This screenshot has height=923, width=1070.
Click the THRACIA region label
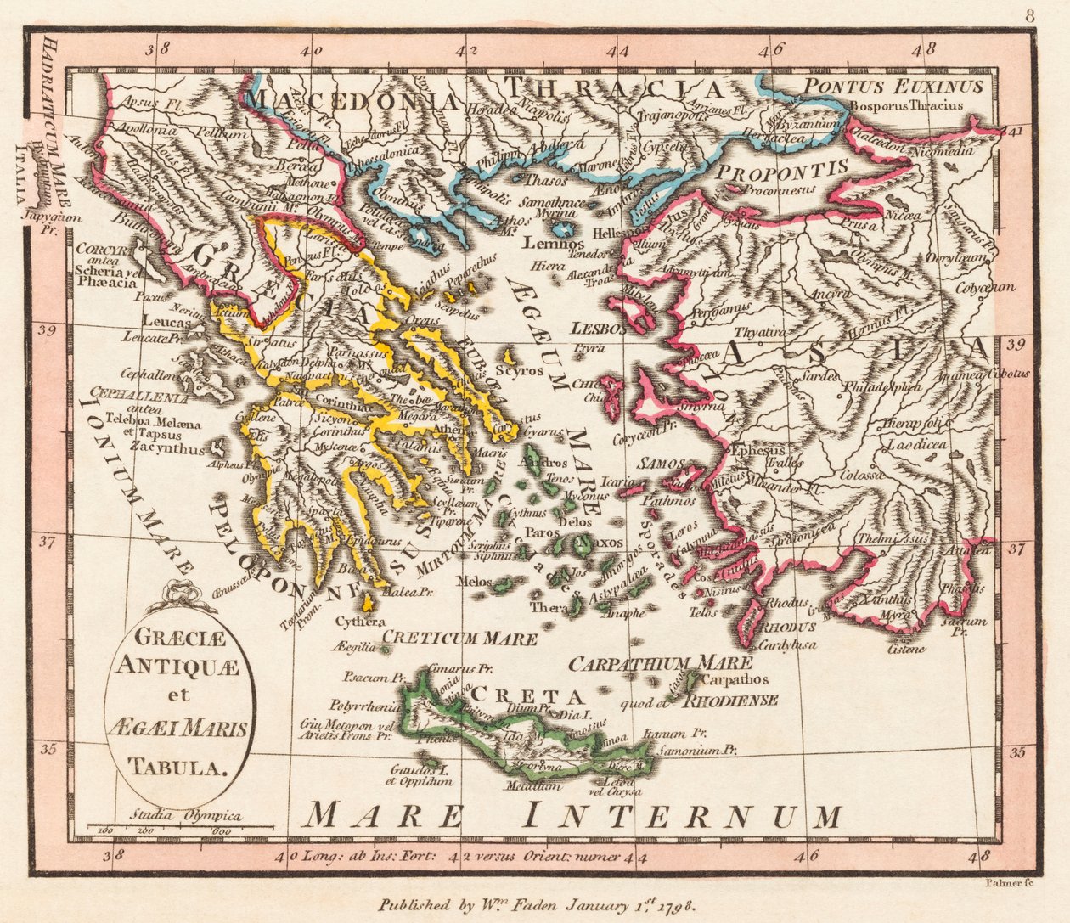613,88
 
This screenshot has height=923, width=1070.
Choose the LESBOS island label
599,327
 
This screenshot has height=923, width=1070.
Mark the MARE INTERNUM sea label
573,816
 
